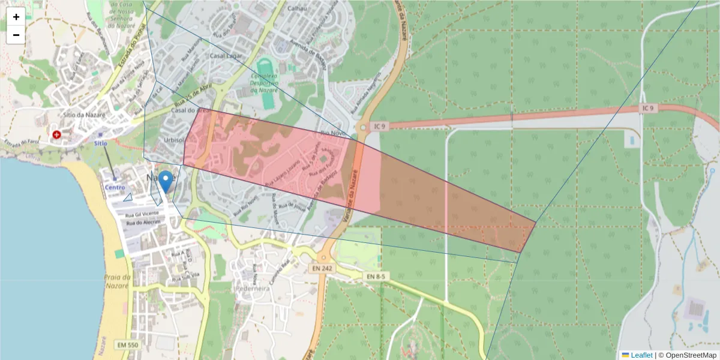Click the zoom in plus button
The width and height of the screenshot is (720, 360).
pos(16,17)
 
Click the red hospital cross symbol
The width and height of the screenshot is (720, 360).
pos(57,135)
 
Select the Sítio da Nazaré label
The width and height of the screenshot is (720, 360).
pos(84,115)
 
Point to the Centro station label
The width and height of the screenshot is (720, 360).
pos(115,187)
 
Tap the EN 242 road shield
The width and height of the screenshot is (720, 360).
pos(323,268)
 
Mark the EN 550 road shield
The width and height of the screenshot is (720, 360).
pos(128,345)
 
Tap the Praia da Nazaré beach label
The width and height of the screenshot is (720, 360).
pos(117,281)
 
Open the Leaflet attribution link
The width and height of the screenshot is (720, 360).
pos(641,355)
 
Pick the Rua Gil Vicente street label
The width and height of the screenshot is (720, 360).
pos(142,214)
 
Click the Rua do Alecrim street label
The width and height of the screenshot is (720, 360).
pos(143,223)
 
